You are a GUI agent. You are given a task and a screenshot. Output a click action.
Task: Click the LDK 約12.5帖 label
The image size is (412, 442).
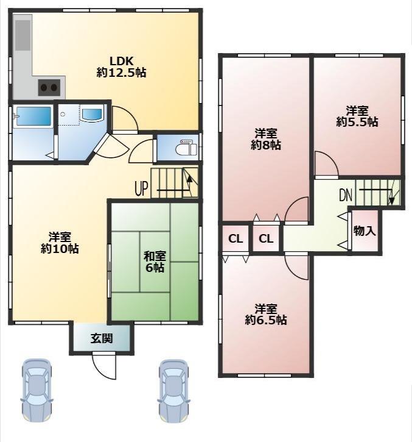coord(121,67)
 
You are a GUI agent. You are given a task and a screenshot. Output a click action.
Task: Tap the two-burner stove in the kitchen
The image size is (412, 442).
coord(49,87)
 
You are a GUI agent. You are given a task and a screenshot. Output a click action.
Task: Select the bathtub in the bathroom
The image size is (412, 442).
coord(33,116)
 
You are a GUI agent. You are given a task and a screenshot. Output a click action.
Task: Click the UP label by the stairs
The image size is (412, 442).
coord(142,188)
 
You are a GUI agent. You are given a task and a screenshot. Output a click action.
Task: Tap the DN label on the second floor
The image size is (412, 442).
coord(346,194)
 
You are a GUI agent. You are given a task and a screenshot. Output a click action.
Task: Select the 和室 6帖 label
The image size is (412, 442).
coord(155,262)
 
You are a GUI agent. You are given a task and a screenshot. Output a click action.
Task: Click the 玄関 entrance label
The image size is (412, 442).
coord(102,338)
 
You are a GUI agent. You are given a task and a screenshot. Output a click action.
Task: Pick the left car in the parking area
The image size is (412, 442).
coord(37,390)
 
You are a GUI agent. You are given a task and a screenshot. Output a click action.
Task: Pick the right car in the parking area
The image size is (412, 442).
coord(173,390)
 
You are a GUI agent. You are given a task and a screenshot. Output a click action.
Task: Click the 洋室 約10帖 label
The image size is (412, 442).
coord(60,243)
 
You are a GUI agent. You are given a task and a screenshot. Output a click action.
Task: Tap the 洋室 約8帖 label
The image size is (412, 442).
coord(266,139)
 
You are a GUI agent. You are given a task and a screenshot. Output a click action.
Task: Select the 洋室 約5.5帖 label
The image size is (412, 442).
coord(357,116)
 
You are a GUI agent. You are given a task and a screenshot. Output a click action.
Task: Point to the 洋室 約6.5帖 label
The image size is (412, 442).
coord(266,315)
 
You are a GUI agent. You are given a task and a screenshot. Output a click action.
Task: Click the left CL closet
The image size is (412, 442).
coord(236,239)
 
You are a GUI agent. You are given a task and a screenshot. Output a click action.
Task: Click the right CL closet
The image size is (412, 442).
coord(266,239)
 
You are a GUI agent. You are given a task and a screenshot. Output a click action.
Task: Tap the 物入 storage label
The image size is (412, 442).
coord(365,231)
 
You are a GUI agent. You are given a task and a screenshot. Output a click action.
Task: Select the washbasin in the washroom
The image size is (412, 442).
coord(91,115)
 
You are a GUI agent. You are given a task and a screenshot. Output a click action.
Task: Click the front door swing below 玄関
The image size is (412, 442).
coord(104,365)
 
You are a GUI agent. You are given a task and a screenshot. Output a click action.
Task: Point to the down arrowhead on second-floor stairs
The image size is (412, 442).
coord(391,201)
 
